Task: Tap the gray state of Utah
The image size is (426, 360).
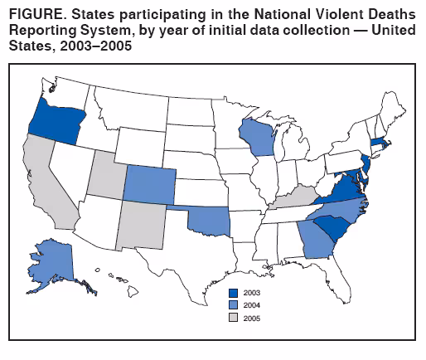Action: click(106, 173)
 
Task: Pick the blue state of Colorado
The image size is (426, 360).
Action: click(150, 183)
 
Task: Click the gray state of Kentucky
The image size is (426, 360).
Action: click(293, 198)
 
